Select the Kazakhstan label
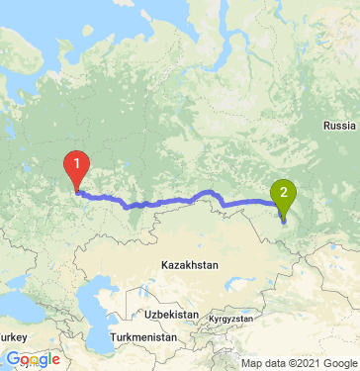(189, 265)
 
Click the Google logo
(33, 359)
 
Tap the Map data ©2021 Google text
(294, 363)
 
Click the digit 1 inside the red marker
(76, 163)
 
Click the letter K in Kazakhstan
(164, 265)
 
